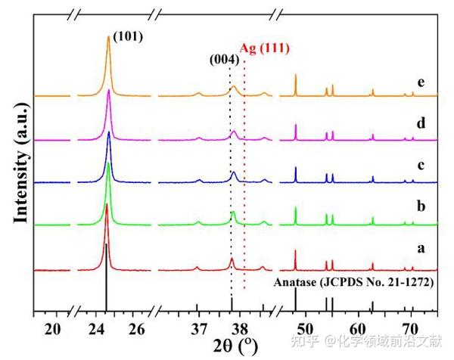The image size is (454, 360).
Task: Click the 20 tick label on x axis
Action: [x=52, y=328]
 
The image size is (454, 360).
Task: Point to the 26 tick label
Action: [x=137, y=328]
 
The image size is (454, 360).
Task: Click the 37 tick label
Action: [x=198, y=328]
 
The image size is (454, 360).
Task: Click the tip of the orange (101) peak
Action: [x=108, y=37]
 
